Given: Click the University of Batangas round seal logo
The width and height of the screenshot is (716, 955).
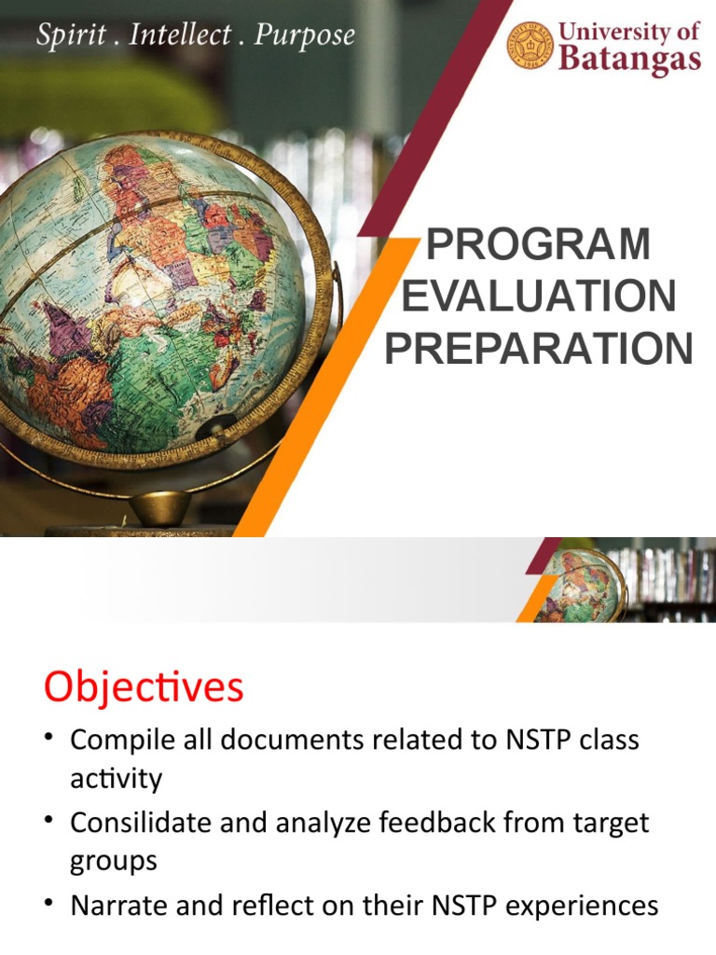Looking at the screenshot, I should point(530,46).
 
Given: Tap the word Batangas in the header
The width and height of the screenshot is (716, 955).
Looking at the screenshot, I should point(629,61).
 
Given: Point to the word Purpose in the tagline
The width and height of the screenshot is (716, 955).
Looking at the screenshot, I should point(305,36).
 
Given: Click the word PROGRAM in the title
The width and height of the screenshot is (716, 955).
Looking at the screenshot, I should point(538,244).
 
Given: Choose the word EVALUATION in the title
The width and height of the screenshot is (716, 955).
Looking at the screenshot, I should point(538,297).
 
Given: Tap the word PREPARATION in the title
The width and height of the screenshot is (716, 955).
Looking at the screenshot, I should point(538,349).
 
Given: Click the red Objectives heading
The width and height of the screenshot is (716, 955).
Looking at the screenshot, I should point(144,688).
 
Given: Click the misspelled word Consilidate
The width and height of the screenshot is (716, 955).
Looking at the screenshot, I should point(133,824).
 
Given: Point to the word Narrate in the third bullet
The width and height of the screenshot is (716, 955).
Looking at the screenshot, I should point(114,906).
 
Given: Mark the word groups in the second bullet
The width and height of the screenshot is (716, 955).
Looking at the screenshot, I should point(113,861).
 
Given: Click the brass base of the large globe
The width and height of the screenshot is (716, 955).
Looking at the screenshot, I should point(159,509).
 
